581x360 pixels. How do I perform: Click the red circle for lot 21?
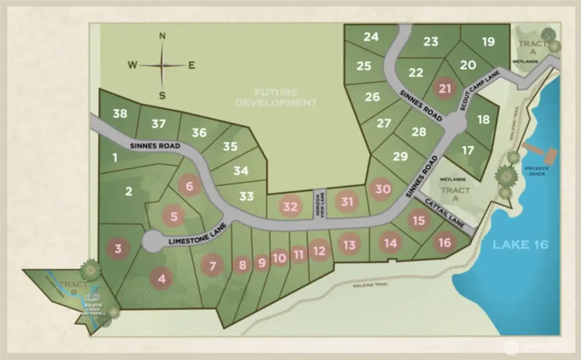(x=444, y=88)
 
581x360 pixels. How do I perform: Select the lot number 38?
(x=119, y=114)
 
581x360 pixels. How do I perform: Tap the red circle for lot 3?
(x=117, y=248)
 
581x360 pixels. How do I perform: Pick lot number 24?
(x=371, y=37)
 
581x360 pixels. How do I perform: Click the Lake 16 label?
(x=520, y=245)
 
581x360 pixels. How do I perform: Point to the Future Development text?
(x=276, y=97)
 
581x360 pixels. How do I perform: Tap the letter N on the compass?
(x=162, y=36)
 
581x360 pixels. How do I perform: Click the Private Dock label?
(x=532, y=170)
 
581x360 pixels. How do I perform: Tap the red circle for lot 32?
(x=290, y=207)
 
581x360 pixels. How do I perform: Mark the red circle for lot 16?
(x=444, y=243)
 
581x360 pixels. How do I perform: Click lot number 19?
(x=488, y=42)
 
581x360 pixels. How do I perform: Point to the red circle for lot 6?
(x=189, y=186)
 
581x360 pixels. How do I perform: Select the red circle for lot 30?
(x=383, y=189)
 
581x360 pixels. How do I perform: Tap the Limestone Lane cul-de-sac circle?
(x=153, y=242)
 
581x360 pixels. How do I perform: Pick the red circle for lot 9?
(x=261, y=263)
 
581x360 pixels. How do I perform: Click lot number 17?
(x=469, y=150)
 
